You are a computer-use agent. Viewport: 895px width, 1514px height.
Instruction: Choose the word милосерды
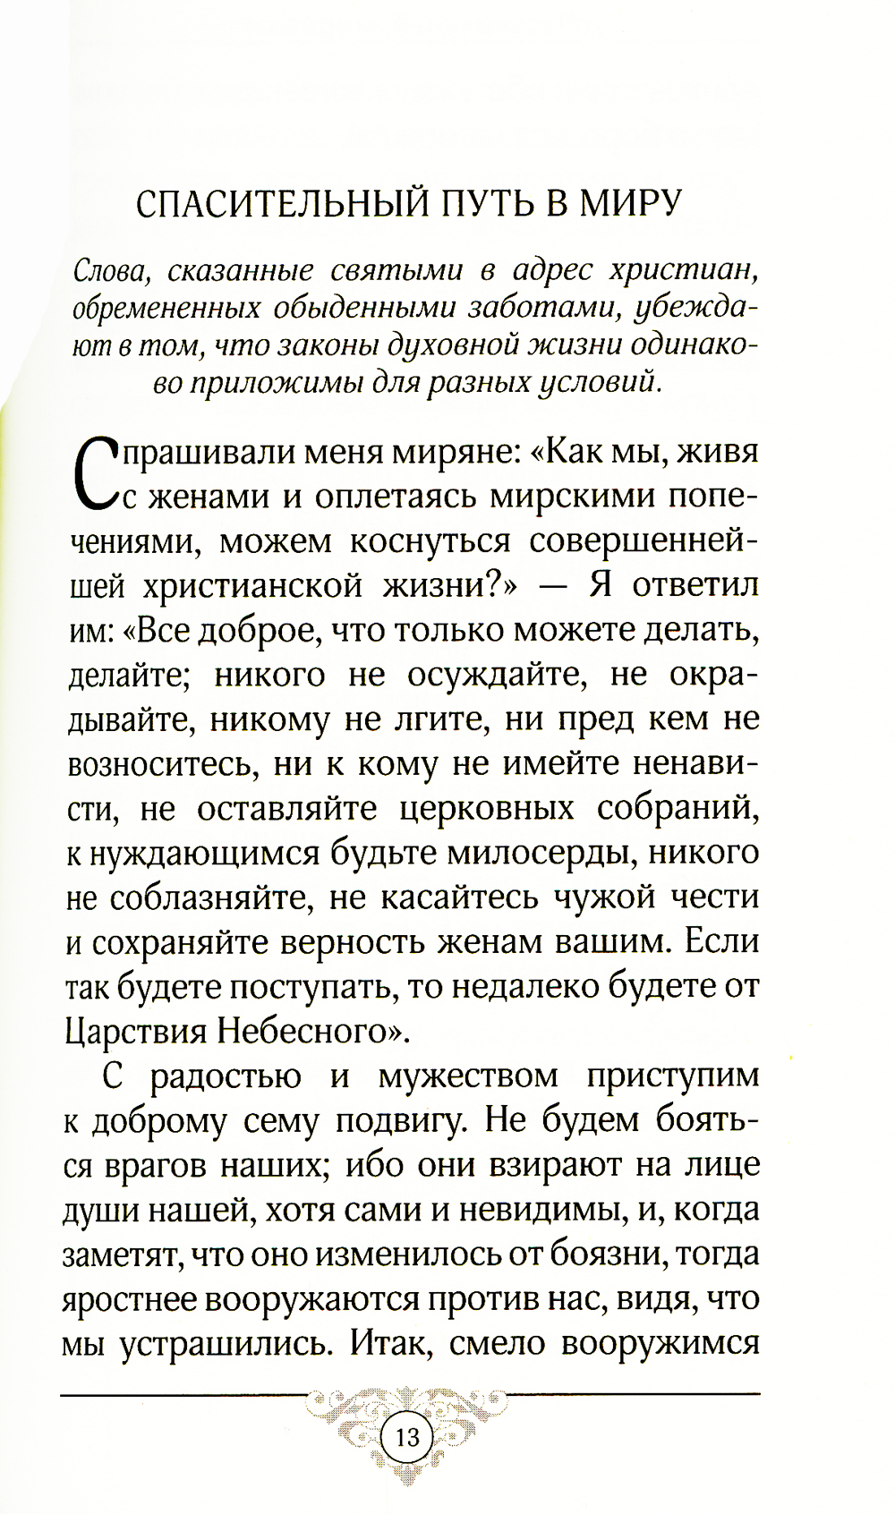(x=550, y=853)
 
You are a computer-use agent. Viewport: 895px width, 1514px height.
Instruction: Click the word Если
(x=722, y=941)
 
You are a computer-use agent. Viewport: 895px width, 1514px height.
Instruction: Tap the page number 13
(x=406, y=1438)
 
